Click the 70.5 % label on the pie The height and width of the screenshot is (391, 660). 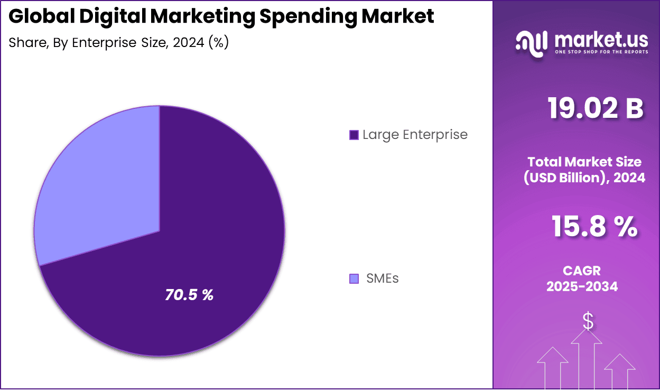(189, 295)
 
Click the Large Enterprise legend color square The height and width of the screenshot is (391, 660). (354, 135)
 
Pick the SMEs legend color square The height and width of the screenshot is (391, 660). (354, 278)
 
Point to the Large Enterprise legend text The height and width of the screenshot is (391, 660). (415, 135)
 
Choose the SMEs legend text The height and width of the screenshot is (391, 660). (383, 278)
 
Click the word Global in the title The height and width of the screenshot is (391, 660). (42, 16)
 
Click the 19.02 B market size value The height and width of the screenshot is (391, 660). (595, 109)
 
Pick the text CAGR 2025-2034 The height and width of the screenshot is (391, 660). (582, 278)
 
